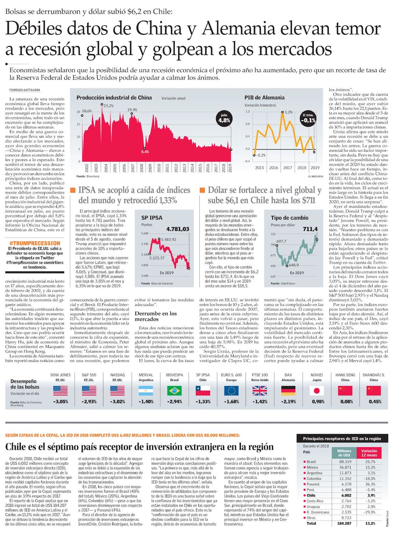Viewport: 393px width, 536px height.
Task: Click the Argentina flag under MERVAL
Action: (146, 391)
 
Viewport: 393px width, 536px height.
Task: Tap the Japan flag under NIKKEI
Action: (317, 391)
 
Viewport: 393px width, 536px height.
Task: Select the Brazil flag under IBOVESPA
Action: (174, 391)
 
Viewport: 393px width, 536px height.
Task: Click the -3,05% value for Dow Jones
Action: (60, 401)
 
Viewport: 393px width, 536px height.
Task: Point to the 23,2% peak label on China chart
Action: (109, 106)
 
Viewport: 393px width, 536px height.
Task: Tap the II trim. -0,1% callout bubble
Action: (308, 118)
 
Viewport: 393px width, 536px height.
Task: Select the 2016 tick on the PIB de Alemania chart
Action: (274, 167)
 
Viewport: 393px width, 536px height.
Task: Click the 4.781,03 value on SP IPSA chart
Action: (178, 229)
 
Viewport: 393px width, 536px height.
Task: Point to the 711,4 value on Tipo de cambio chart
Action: (310, 229)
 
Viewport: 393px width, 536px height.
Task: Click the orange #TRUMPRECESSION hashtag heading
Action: (35, 243)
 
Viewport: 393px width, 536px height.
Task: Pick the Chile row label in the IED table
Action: (311, 495)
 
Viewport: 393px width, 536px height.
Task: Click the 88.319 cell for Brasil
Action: (345, 462)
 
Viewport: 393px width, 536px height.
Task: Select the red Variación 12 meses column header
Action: (369, 453)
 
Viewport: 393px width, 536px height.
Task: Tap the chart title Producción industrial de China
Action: (114, 97)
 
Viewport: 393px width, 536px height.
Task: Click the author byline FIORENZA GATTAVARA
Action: (25, 90)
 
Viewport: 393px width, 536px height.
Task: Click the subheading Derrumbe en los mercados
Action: (155, 316)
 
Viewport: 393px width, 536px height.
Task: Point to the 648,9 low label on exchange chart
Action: (294, 265)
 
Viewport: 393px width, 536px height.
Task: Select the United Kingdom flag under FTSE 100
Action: (260, 391)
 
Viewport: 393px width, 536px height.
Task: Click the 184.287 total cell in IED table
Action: (344, 523)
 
